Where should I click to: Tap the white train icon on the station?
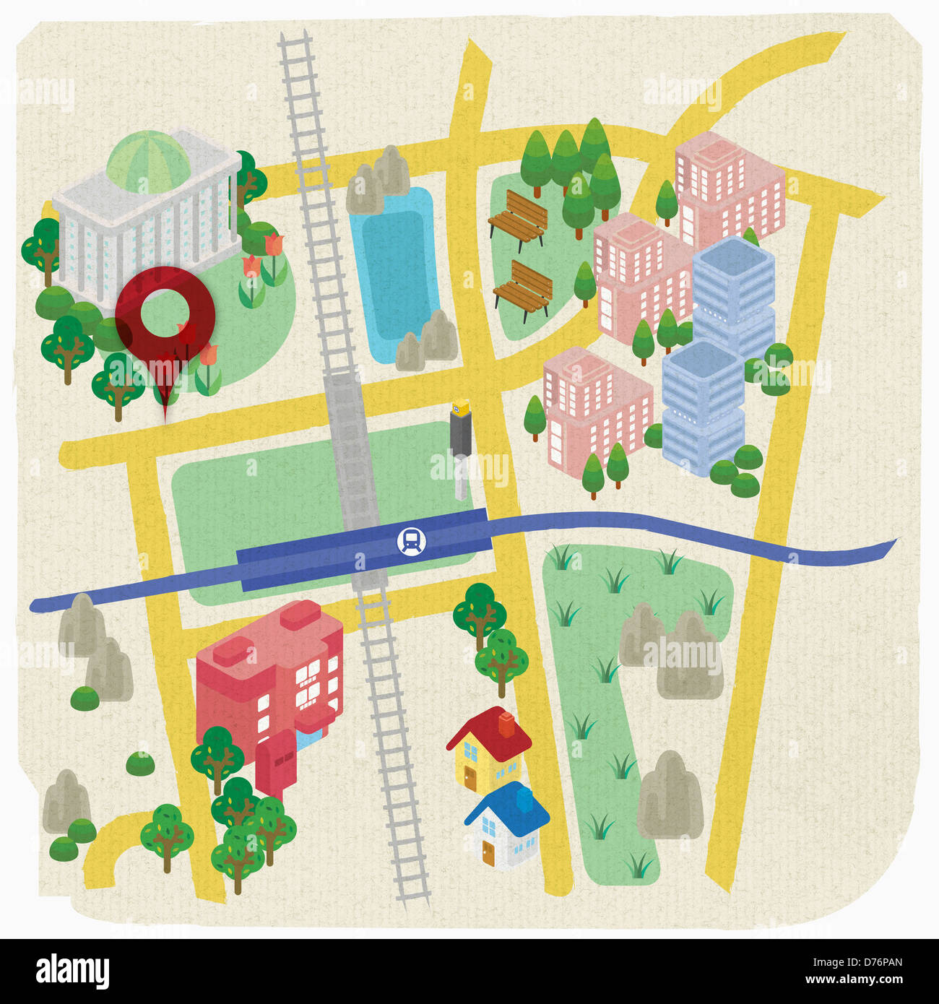[411, 541]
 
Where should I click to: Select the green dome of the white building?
[148, 160]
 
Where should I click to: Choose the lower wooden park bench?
[524, 290]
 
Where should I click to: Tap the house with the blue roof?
[507, 823]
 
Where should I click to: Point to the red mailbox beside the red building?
[275, 763]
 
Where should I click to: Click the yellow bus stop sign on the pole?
[460, 407]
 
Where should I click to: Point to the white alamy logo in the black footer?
[72, 971]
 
